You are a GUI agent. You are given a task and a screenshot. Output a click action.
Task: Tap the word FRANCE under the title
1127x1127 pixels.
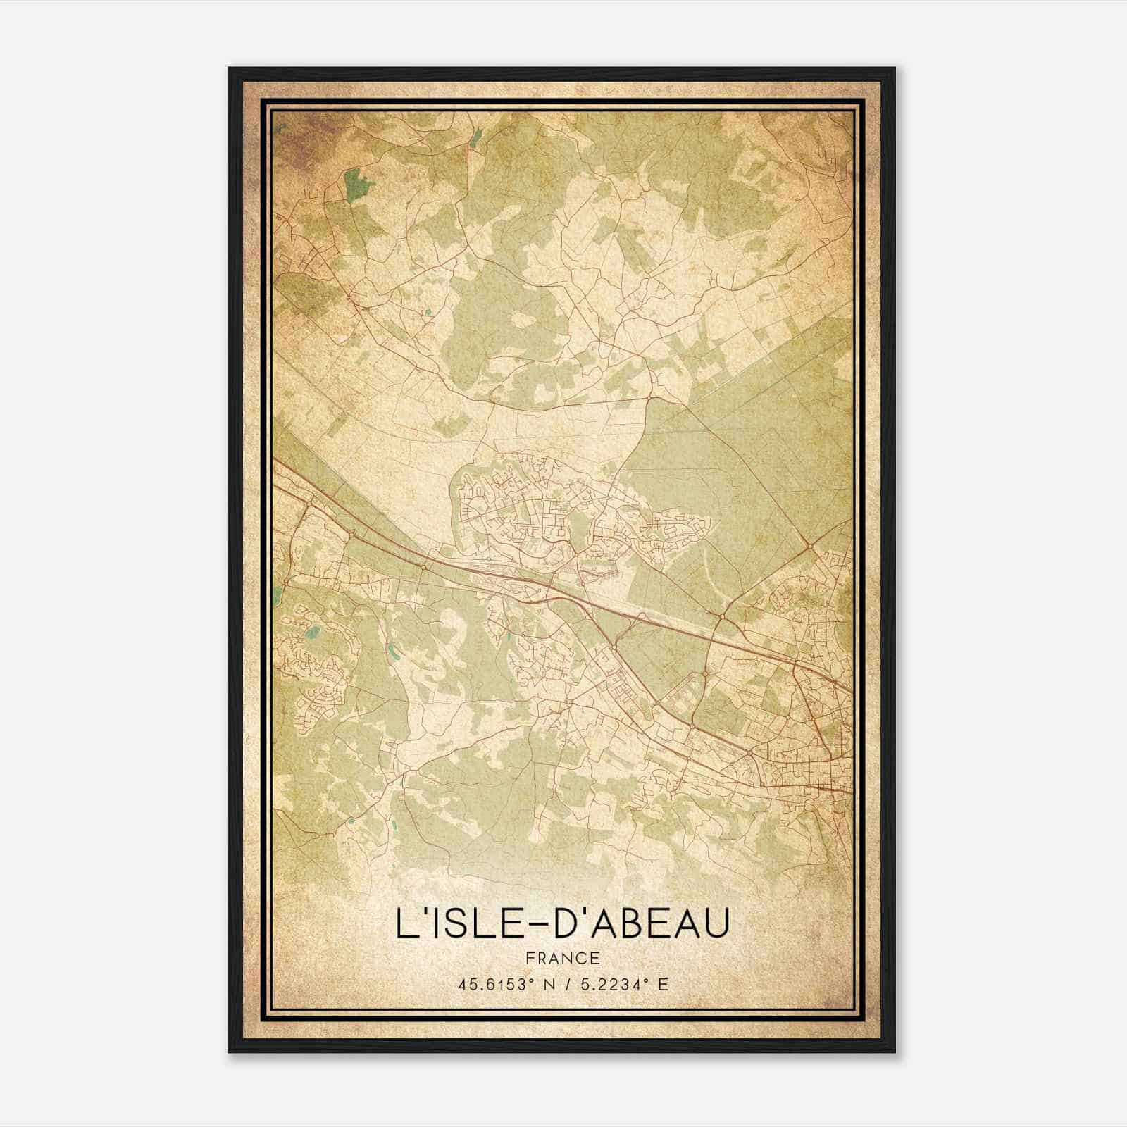click(x=562, y=958)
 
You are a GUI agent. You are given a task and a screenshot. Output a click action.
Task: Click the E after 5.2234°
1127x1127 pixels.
click(x=662, y=985)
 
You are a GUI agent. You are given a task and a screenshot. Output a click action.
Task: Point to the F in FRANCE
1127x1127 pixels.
click(x=530, y=958)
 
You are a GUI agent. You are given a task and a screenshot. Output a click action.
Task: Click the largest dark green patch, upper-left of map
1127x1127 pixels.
click(x=357, y=184)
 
